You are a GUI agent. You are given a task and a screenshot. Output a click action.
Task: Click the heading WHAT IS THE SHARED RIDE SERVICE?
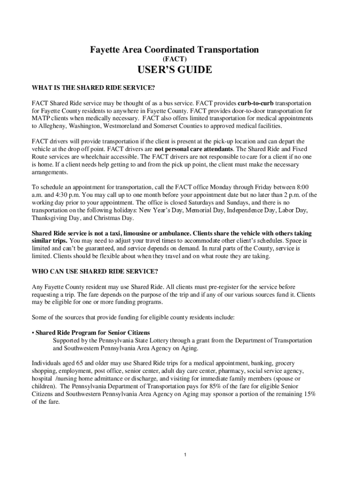(93, 87)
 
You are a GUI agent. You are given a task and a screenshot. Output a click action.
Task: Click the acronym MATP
(40, 119)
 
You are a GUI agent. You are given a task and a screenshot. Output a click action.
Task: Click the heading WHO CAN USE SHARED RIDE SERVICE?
(94, 271)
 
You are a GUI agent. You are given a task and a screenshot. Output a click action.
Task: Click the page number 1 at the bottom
(186, 455)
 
